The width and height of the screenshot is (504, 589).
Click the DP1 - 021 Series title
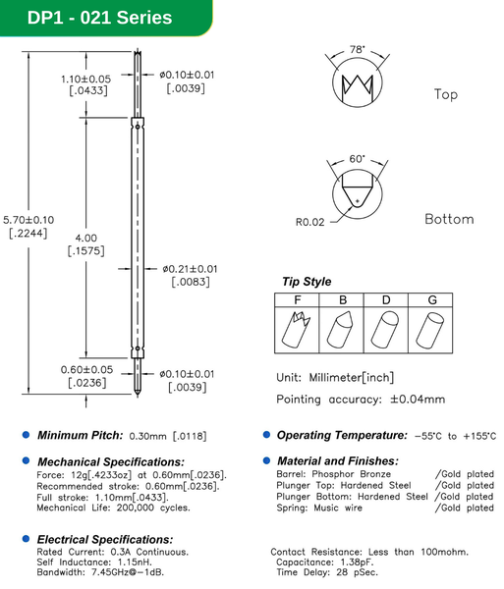85,17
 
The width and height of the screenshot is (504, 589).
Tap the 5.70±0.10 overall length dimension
31,219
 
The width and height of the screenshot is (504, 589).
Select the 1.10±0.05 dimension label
85,78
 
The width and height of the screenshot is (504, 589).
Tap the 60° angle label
356,158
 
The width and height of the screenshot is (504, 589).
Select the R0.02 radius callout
309,222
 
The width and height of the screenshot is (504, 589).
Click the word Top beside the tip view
445,95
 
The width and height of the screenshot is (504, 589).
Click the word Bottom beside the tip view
448,219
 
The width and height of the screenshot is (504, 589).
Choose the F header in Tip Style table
296,299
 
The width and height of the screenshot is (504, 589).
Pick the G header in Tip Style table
431,299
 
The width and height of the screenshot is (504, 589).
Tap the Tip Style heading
307,282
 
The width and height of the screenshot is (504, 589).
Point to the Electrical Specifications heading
105,539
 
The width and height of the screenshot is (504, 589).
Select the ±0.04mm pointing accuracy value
417,399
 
